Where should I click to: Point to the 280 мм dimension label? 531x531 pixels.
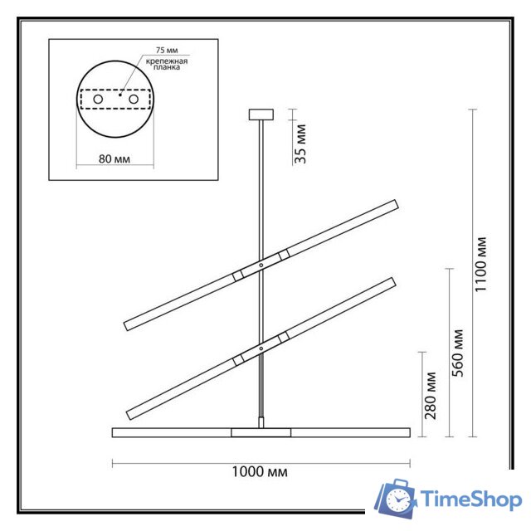tap(431, 395)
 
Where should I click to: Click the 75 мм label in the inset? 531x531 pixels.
tap(157, 49)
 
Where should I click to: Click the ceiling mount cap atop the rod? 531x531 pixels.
tap(261, 113)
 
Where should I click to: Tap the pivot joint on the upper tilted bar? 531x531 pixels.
tap(261, 265)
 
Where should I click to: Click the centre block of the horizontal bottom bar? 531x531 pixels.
tap(261, 432)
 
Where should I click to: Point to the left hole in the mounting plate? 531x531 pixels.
tap(98, 100)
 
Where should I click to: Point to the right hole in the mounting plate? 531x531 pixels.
tap(132, 100)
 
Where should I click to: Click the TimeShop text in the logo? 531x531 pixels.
tap(470, 499)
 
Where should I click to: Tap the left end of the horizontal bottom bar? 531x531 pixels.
tap(114, 432)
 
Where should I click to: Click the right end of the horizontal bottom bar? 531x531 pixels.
tap(408, 432)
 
